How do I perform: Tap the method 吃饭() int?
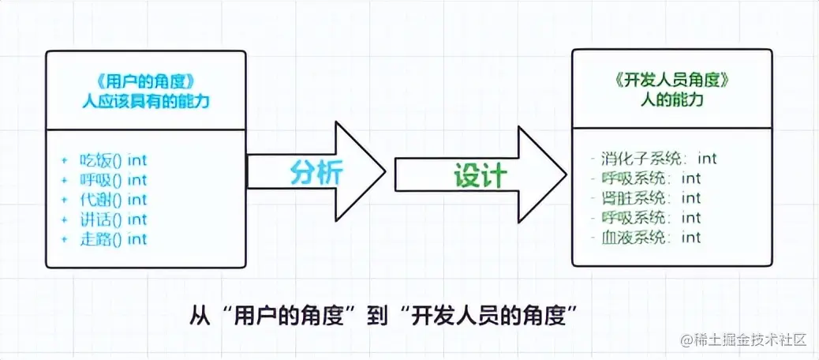(x=113, y=160)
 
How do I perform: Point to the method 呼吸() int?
(x=113, y=180)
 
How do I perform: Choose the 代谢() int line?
(x=113, y=200)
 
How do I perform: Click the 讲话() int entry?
(x=113, y=219)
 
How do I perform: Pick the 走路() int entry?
(x=113, y=238)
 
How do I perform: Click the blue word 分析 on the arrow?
(x=316, y=171)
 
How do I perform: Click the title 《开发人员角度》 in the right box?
(x=671, y=81)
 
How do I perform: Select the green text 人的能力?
(x=671, y=102)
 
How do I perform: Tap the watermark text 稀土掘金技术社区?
(x=749, y=341)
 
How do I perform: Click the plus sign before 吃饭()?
(x=65, y=160)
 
